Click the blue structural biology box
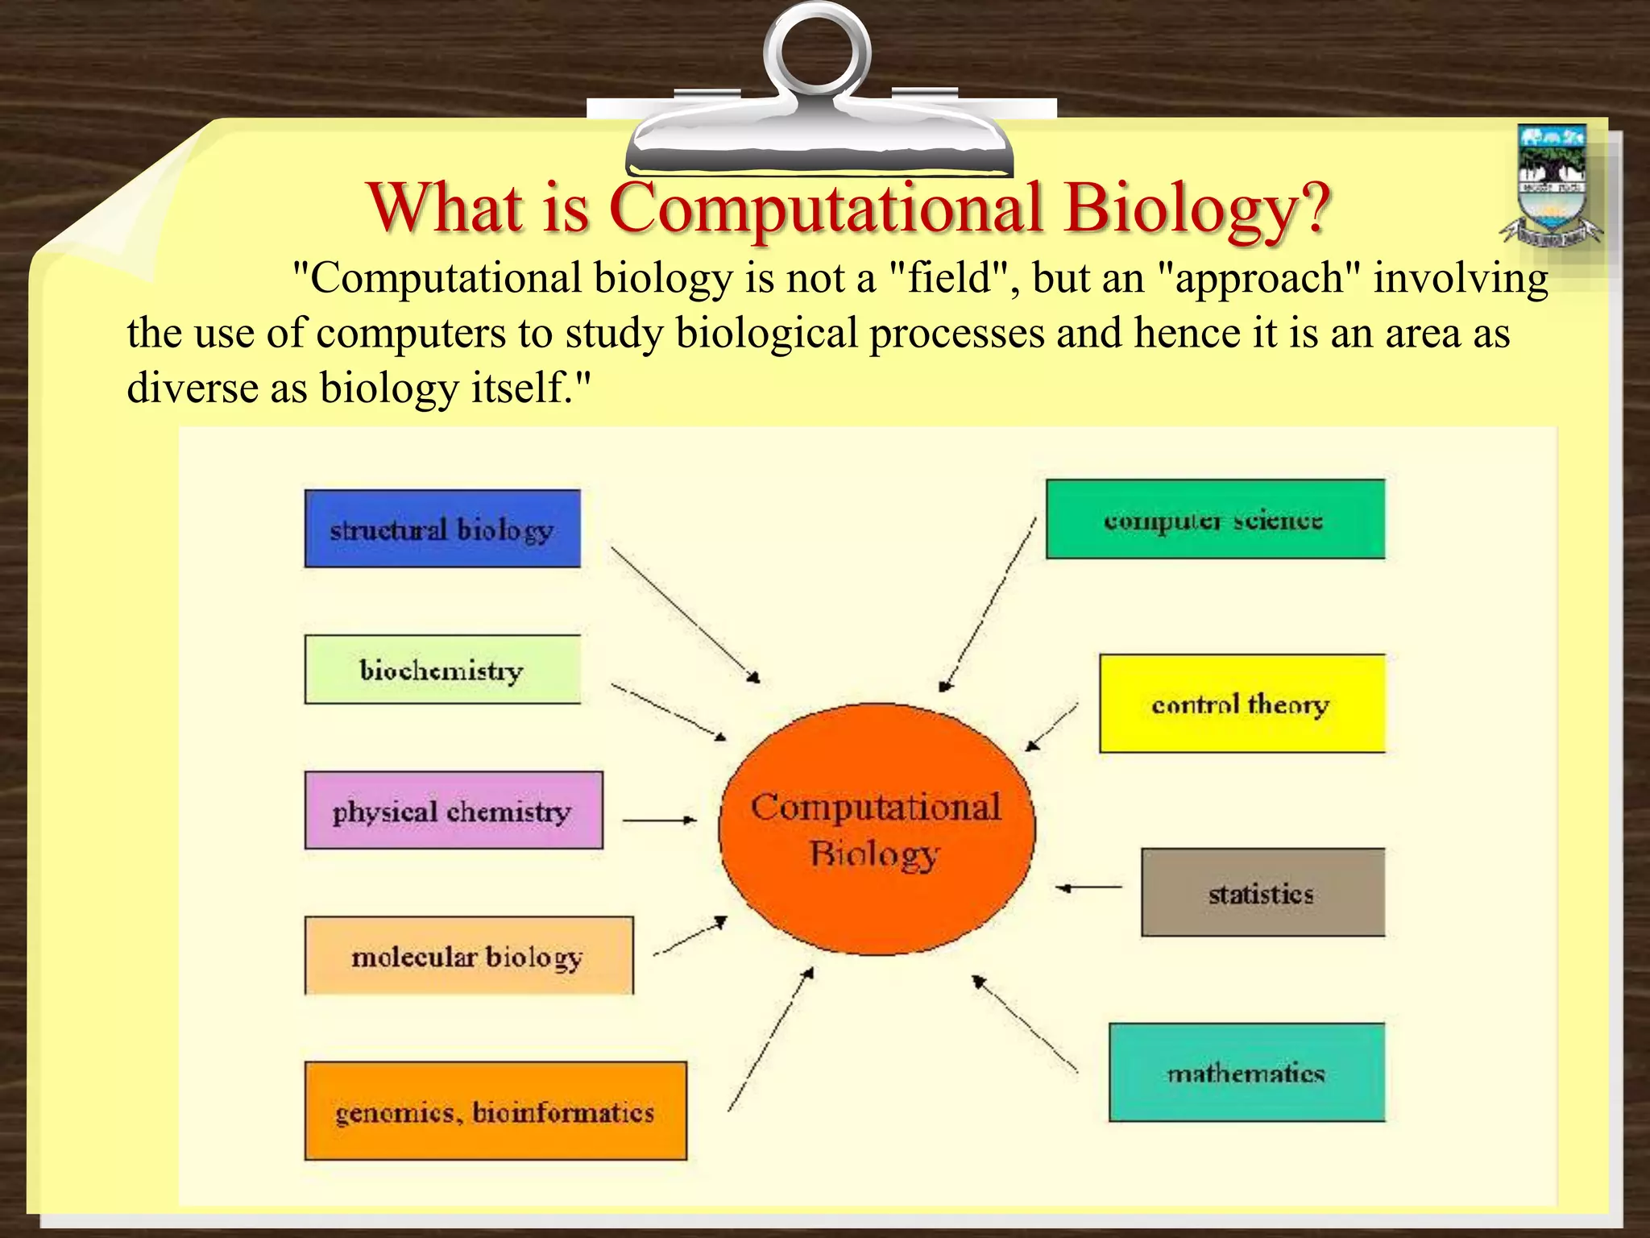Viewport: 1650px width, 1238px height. coord(442,529)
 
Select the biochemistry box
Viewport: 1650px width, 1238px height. coord(442,670)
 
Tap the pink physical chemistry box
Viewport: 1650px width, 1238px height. coord(454,811)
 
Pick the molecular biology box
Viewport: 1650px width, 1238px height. coord(469,956)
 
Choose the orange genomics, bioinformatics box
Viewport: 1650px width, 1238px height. coord(495,1111)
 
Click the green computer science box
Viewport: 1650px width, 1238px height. coord(1215,520)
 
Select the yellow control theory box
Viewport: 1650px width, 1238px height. coord(1242,704)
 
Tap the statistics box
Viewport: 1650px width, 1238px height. coord(1262,892)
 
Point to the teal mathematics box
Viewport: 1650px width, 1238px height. coord(1246,1073)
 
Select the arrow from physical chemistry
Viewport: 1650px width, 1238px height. coord(659,820)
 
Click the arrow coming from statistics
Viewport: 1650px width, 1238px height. coord(1088,887)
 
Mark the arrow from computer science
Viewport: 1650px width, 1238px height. coord(987,604)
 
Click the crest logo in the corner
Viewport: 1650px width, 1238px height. coord(1552,185)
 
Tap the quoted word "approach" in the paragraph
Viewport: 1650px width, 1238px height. coord(1258,279)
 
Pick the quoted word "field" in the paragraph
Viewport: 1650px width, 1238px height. coord(949,279)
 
